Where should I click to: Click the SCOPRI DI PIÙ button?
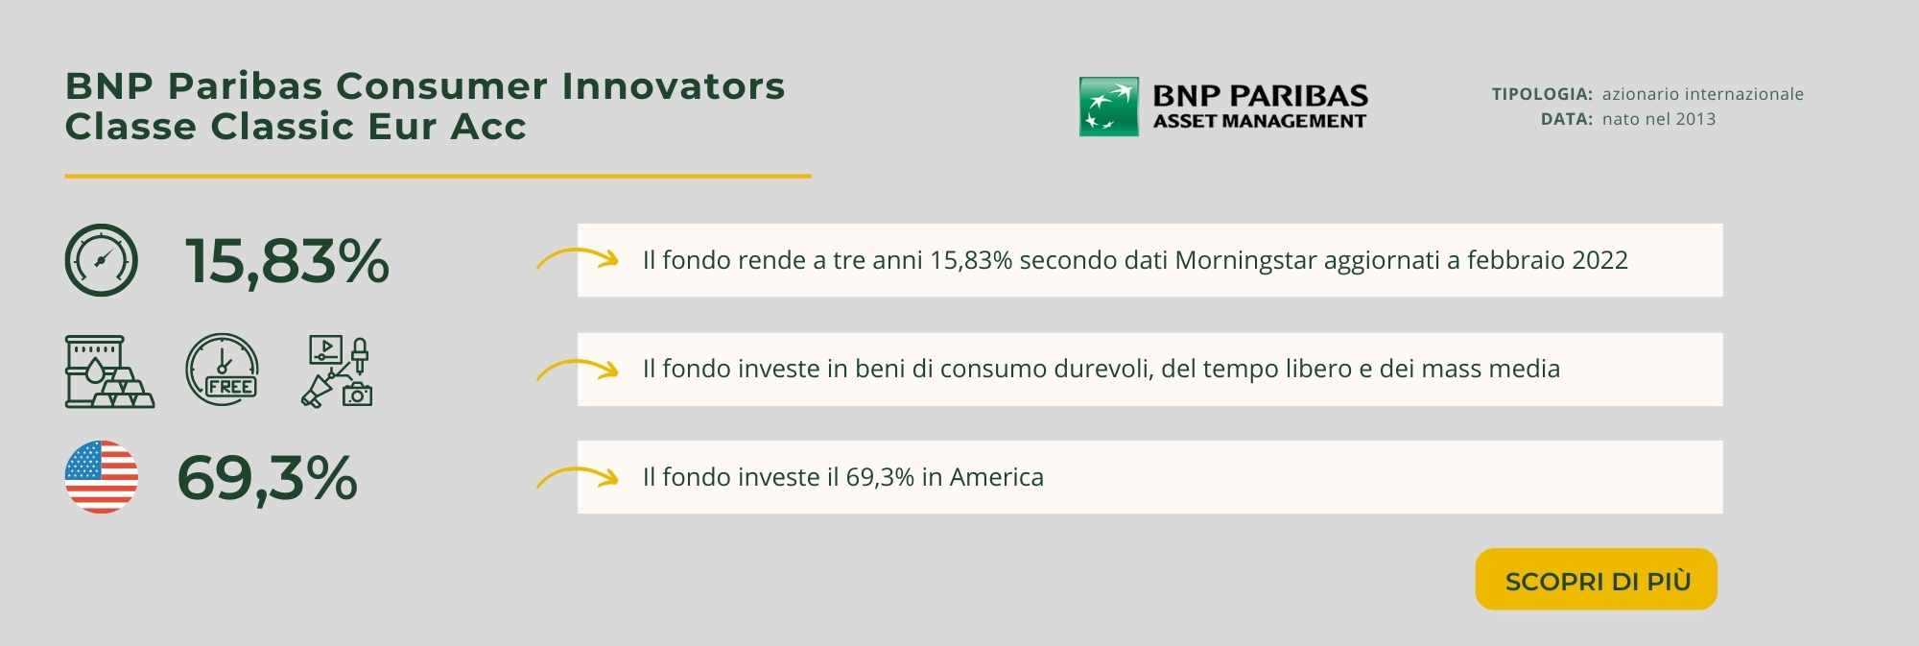coord(1596,579)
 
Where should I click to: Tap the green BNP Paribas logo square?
coord(1109,107)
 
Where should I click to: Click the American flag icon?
coord(102,477)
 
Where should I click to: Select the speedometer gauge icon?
coord(102,260)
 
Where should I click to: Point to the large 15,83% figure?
coord(287,261)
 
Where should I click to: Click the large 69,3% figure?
coord(268,478)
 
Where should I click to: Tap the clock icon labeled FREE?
coord(222,370)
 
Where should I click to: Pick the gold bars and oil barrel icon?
coord(109,371)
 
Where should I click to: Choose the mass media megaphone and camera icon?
coord(337,371)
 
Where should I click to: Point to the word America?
coord(996,477)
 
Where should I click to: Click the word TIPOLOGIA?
coord(1542,94)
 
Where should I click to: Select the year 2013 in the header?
coord(1696,119)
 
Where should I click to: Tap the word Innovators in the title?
coord(674,86)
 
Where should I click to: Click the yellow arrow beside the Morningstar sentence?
coord(577,258)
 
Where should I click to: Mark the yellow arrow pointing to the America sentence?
coord(577,476)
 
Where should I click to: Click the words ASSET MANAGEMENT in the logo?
coord(1260,121)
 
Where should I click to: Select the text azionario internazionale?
coord(1703,94)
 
